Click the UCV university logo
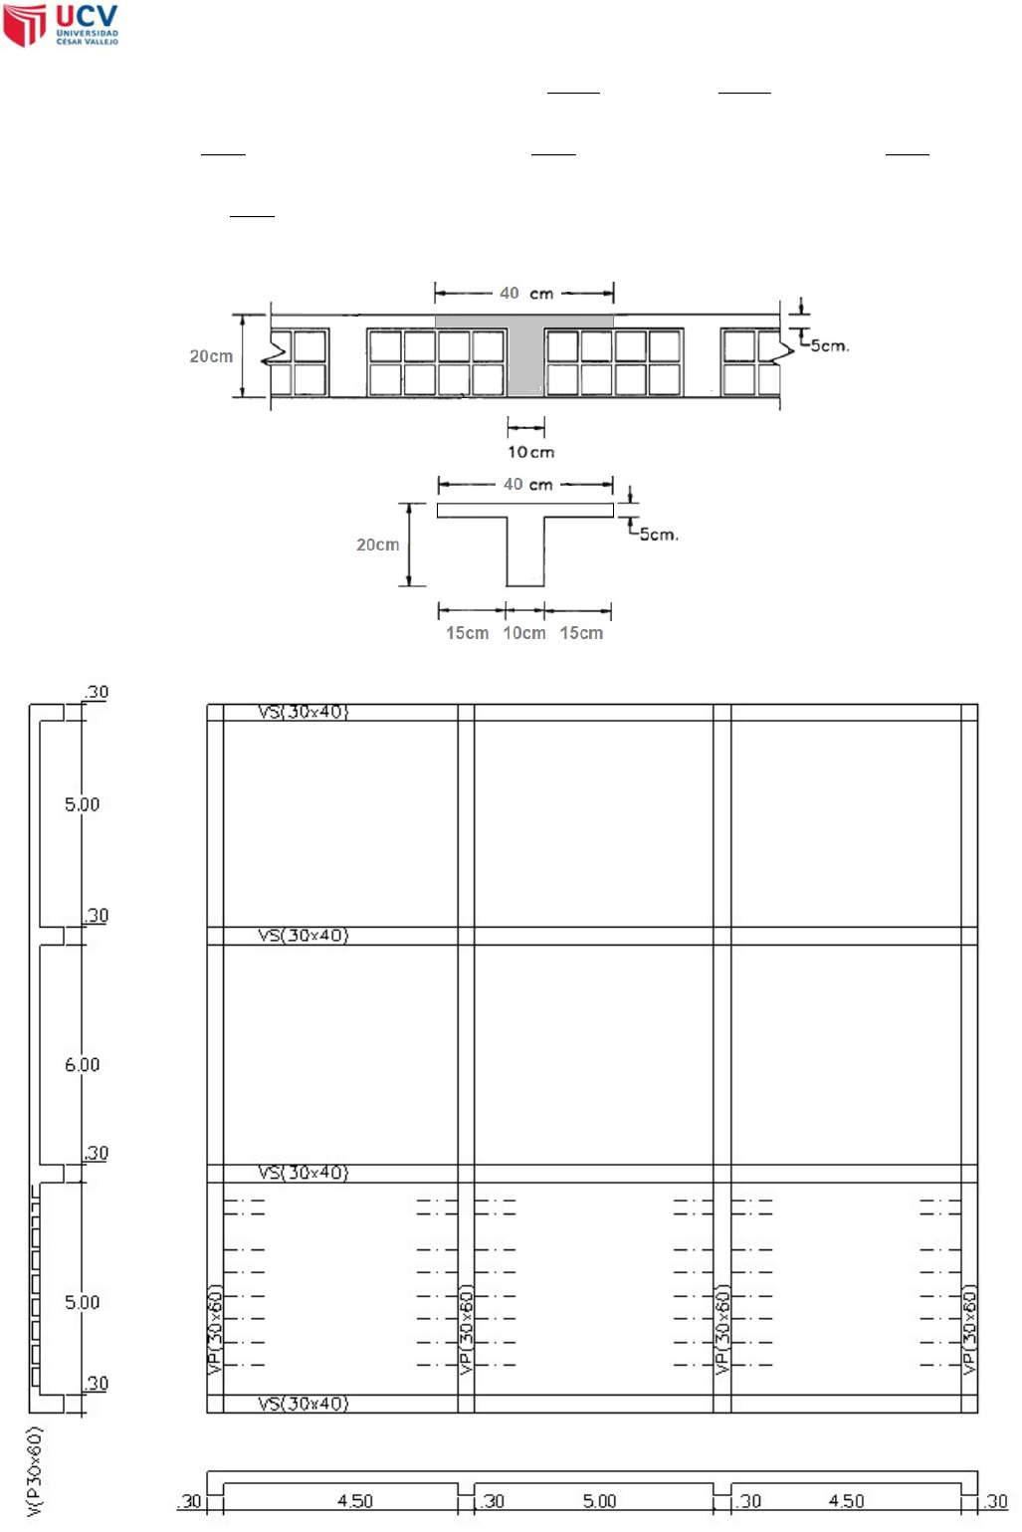[x=61, y=25]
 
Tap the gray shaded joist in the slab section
[x=525, y=353]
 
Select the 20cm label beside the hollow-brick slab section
[x=211, y=356]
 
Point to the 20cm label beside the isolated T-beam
[x=377, y=545]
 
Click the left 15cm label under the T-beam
[x=467, y=633]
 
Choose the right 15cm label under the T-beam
[x=581, y=633]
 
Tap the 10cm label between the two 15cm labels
[x=524, y=633]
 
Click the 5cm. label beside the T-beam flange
[x=659, y=535]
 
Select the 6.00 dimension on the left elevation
[x=82, y=1064]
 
